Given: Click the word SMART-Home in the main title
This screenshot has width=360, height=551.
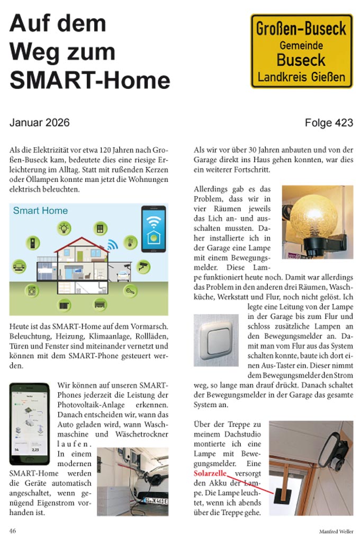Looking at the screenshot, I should [x=89, y=80].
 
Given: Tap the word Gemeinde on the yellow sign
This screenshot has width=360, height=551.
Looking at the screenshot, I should [x=301, y=46].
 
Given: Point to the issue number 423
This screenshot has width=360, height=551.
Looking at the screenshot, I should [x=344, y=123].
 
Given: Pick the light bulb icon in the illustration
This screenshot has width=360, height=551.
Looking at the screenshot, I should [x=65, y=228].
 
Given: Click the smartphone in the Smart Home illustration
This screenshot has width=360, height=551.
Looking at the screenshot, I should [x=153, y=229].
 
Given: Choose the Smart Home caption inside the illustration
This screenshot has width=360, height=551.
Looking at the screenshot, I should [x=41, y=211].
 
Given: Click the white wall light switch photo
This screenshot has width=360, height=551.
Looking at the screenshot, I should [x=215, y=340].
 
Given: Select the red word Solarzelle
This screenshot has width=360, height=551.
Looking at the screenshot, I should [x=210, y=473].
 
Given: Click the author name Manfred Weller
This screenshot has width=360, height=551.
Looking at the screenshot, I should [x=336, y=531].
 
